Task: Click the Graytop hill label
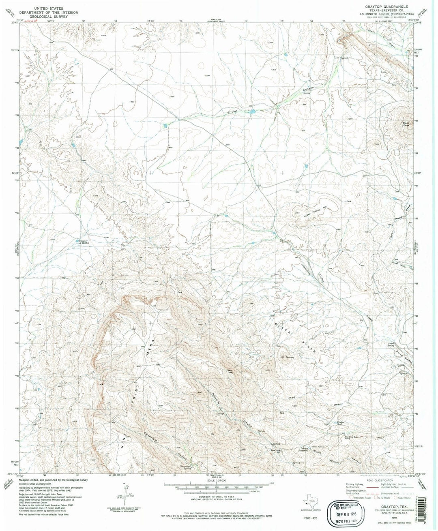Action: (x=290, y=357)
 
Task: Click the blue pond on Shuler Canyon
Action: (x=251, y=110)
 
